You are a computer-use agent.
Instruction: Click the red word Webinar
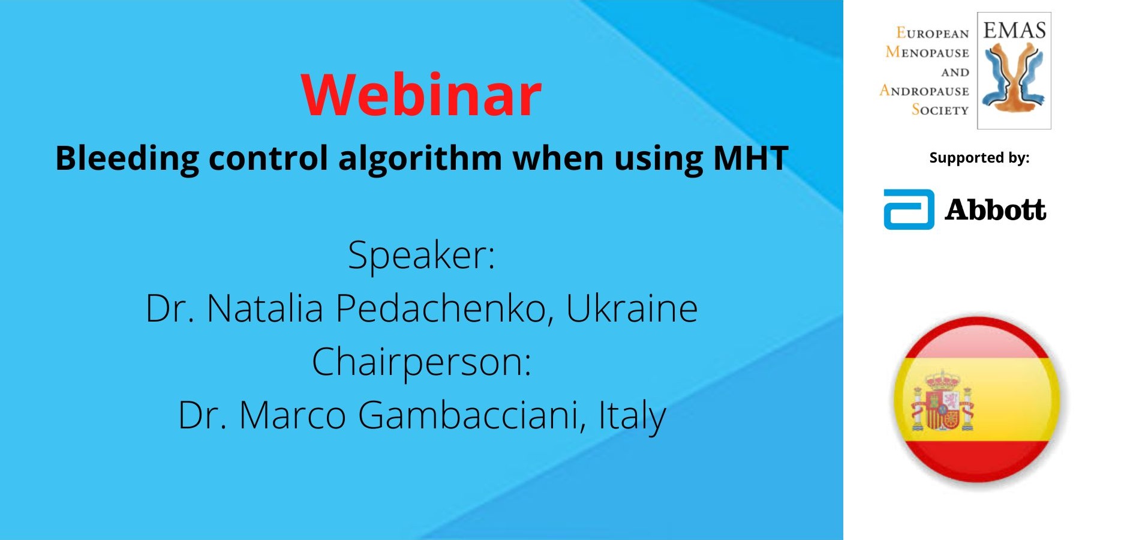pos(422,95)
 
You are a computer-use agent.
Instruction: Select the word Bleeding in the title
pos(127,159)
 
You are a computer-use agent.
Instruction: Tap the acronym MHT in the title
pos(750,158)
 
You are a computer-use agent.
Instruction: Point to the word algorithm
pos(420,159)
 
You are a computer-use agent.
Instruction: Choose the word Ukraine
pos(632,308)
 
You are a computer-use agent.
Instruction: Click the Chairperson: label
pos(422,362)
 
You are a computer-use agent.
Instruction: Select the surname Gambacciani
pos(472,415)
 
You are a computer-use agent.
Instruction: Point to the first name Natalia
pos(265,308)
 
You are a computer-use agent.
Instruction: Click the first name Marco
pos(293,415)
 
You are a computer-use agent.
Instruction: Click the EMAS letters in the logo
pos(1014,30)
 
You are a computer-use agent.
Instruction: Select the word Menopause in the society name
pos(927,52)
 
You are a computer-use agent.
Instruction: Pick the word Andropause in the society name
pos(924,91)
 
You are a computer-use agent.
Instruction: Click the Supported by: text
pos(979,158)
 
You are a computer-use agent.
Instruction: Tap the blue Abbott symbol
pos(909,209)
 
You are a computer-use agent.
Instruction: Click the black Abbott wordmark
pos(996,209)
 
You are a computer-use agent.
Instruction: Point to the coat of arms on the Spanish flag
pos(942,401)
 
